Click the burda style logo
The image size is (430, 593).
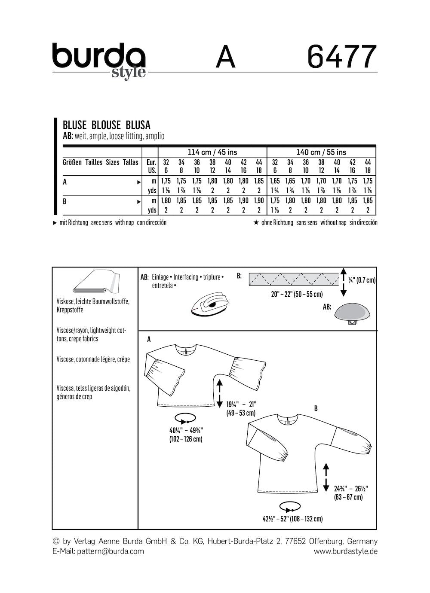point(99,60)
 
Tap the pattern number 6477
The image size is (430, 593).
point(342,57)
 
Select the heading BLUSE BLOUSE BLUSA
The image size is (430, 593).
point(107,125)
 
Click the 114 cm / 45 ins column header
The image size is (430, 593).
point(212,152)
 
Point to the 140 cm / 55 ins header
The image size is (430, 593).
point(321,152)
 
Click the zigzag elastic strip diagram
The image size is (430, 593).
point(293,279)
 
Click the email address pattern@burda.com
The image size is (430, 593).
point(111,551)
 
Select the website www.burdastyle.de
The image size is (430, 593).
point(345,551)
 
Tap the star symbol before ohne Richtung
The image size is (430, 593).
point(256,222)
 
